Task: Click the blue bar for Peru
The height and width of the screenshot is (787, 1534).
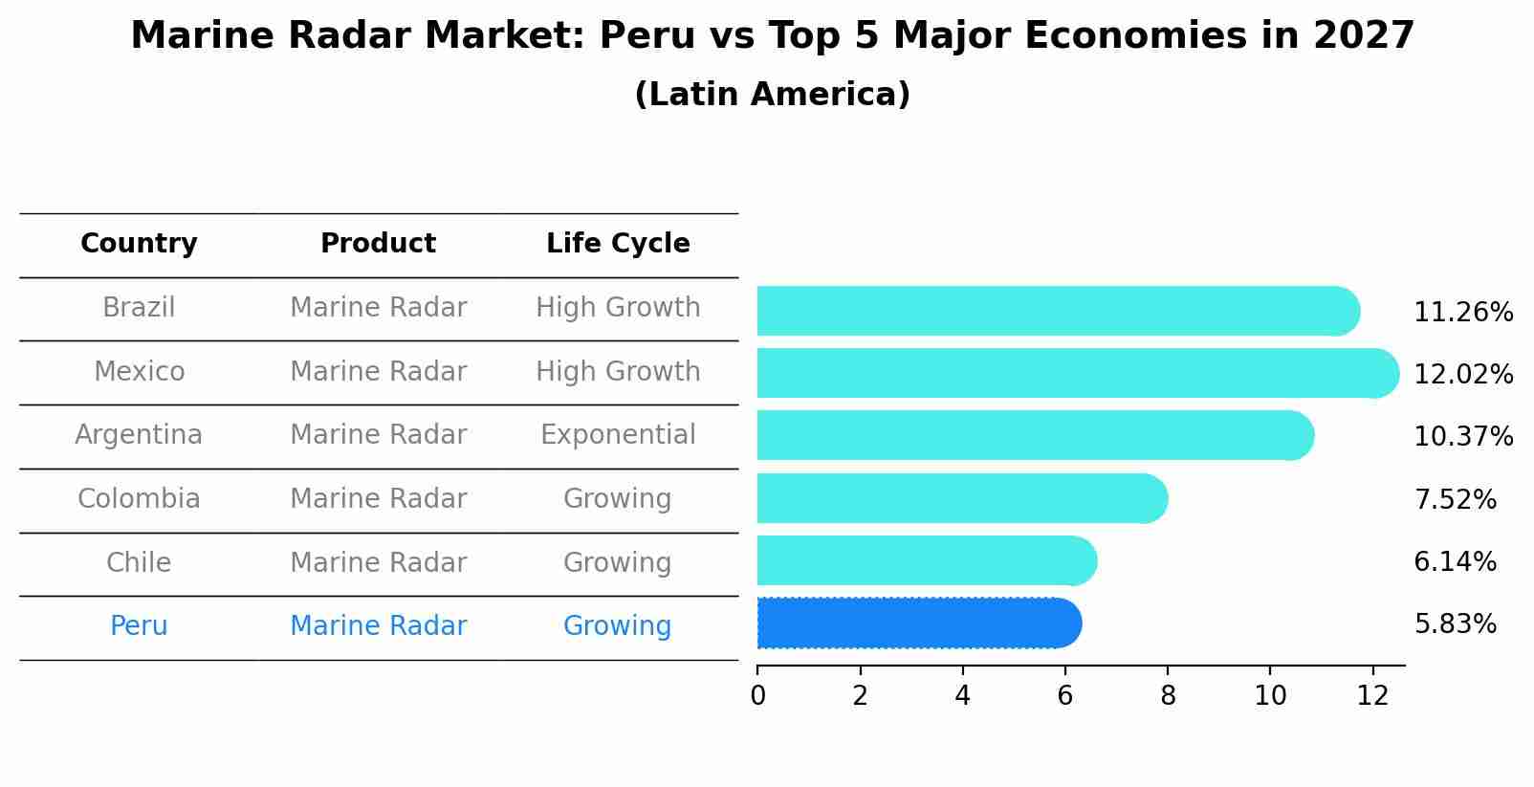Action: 918,623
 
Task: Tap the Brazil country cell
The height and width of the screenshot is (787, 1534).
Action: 139,308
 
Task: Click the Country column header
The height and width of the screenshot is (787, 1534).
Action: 139,244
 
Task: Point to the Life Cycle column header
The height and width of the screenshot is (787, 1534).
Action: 618,244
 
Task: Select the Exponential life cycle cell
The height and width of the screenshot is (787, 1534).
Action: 618,435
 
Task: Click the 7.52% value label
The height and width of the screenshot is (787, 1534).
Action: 1455,499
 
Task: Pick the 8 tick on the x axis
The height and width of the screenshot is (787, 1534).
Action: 1168,696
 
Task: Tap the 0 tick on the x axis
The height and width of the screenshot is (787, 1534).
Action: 758,696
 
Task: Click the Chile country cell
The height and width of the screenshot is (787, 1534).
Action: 139,562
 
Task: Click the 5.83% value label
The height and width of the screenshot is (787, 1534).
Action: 1455,624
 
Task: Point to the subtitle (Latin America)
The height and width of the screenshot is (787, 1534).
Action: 772,95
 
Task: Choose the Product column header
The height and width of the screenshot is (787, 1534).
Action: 378,244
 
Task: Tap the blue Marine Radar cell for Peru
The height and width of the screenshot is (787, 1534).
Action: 378,626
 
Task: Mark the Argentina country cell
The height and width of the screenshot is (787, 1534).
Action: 139,435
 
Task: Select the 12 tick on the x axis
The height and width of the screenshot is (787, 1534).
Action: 1372,696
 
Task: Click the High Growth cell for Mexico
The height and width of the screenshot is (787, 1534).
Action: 618,372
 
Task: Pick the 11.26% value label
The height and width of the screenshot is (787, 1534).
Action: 1463,313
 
